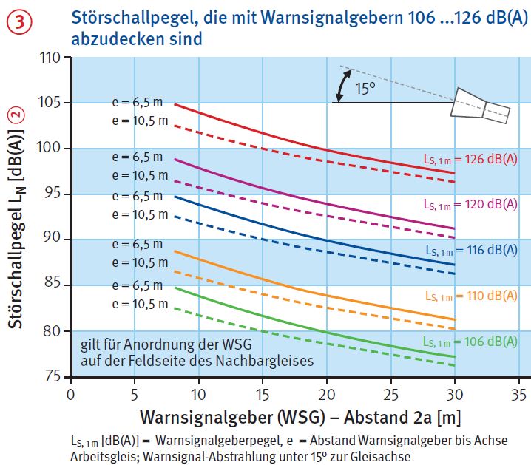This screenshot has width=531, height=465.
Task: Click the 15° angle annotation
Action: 364,89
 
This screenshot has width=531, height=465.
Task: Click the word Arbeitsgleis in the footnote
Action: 100,457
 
